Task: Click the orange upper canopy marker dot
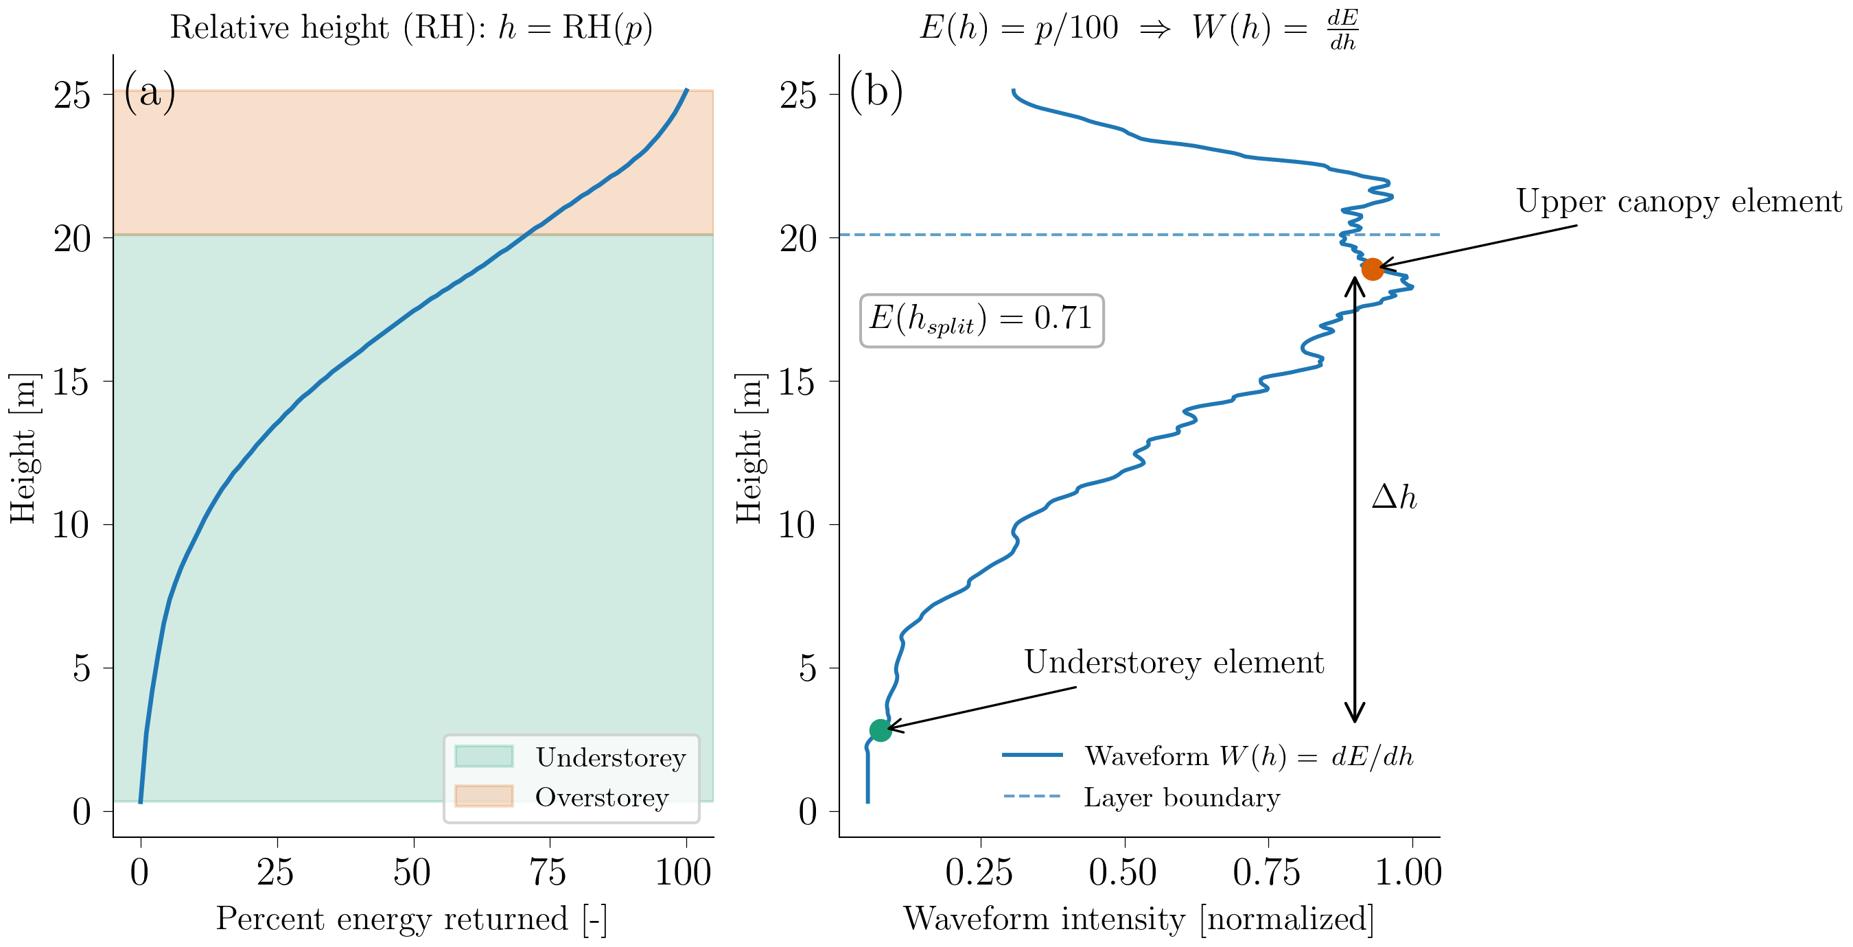click(x=1372, y=269)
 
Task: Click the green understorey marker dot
click(x=881, y=730)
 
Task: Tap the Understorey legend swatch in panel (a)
click(x=484, y=756)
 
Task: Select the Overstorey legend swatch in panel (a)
click(x=484, y=796)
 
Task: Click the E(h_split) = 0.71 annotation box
click(x=981, y=320)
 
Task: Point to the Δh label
click(x=1393, y=498)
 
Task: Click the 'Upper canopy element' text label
click(x=1678, y=201)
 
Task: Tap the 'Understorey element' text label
click(x=1174, y=662)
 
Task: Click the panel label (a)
click(x=150, y=92)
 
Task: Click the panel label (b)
click(x=876, y=92)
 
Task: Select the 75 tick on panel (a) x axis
click(x=548, y=872)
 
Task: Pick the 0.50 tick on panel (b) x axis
click(x=1123, y=872)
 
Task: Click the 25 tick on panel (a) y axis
click(x=73, y=95)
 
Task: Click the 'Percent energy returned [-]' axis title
click(x=412, y=919)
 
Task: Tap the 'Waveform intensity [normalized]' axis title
click(x=1138, y=919)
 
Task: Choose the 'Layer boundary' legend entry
click(x=1181, y=797)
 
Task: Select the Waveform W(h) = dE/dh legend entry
click(x=1248, y=756)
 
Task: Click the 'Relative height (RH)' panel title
click(x=412, y=27)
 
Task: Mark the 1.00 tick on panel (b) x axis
click(x=1408, y=872)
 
